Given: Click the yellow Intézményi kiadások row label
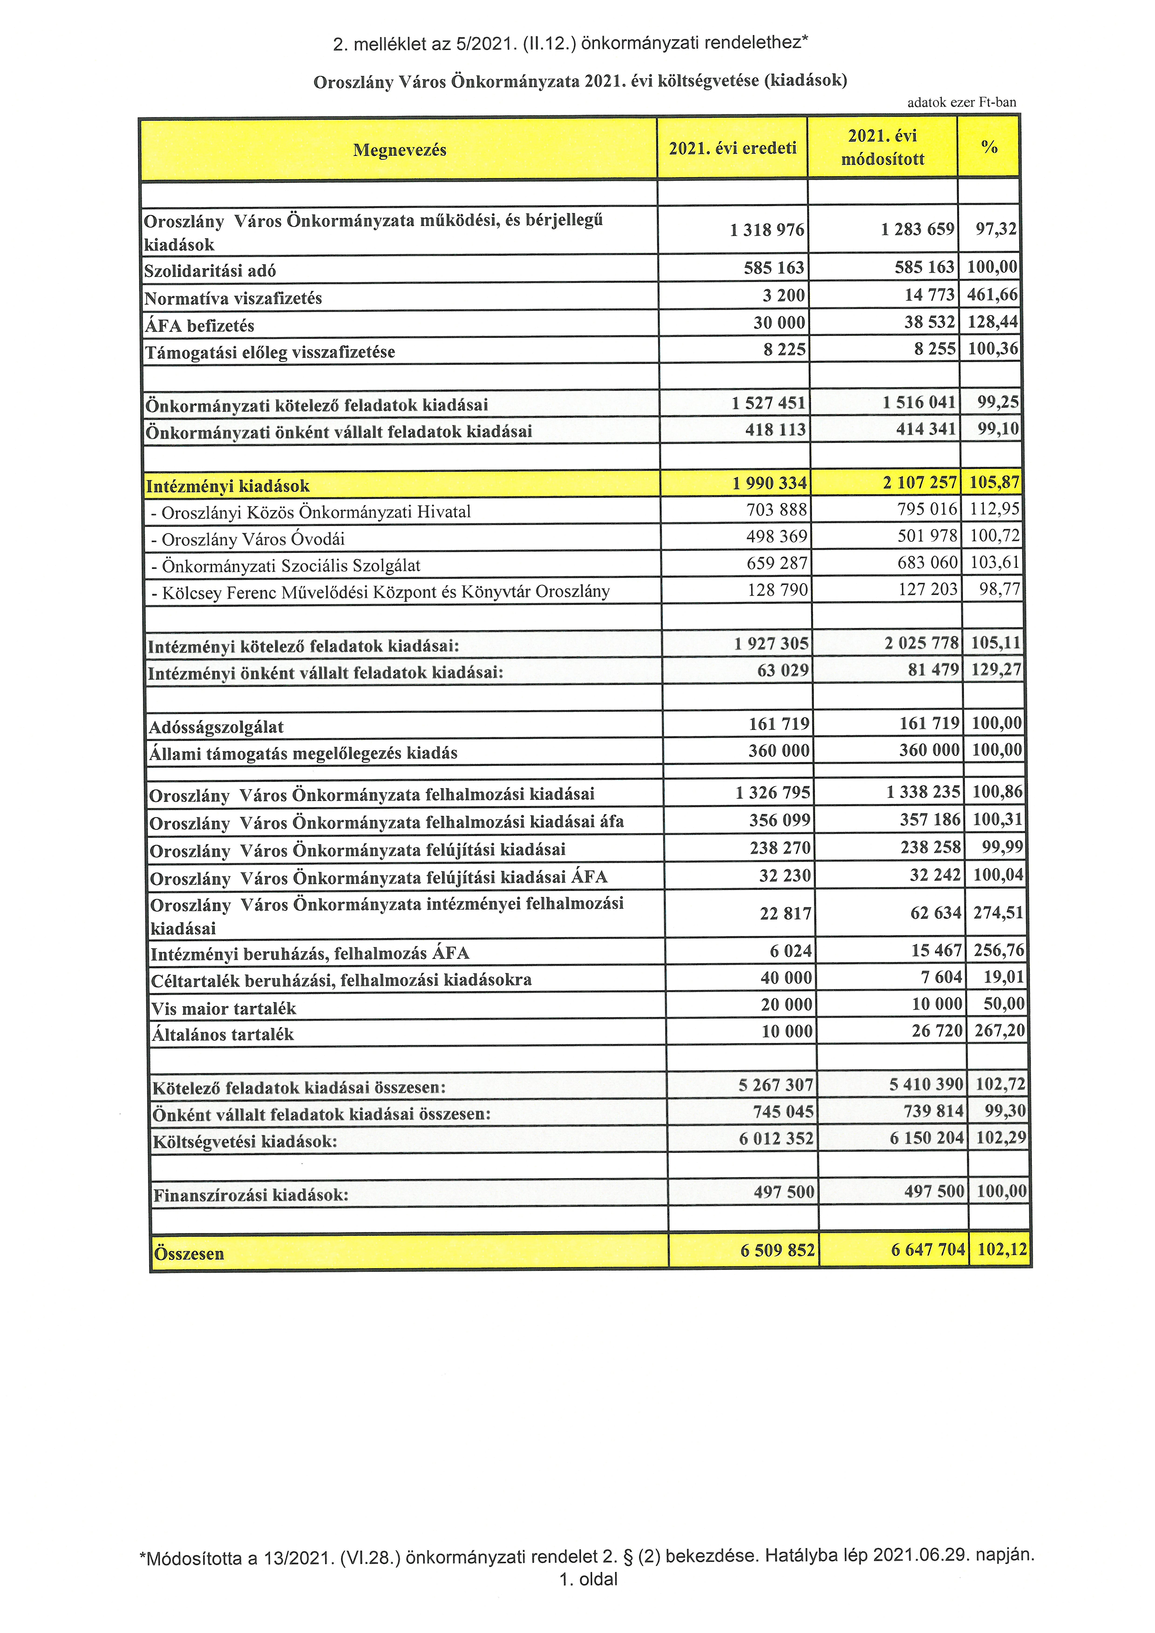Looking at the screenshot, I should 228,487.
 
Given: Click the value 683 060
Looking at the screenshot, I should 927,563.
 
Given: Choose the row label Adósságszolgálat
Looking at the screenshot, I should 216,727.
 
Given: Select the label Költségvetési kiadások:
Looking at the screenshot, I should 245,1142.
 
